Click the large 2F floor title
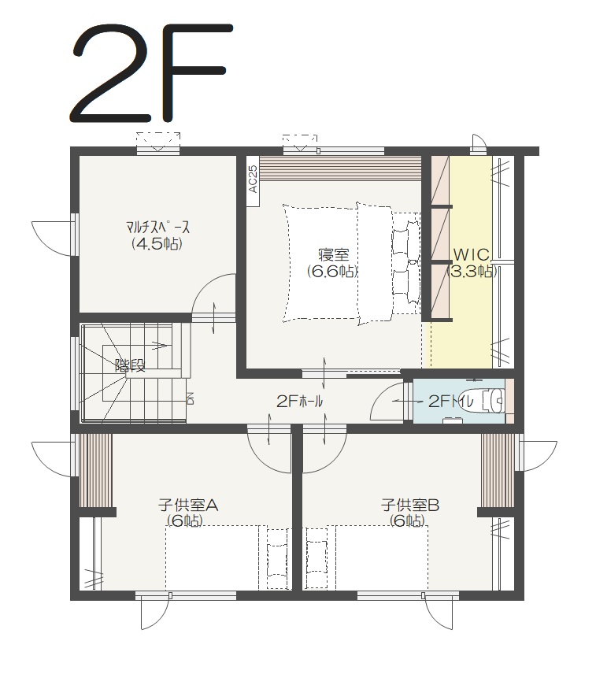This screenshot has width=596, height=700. coord(152,73)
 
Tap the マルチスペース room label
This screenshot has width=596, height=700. coord(157,228)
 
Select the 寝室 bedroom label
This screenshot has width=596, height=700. coord(333,255)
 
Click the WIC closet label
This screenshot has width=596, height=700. coord(472,255)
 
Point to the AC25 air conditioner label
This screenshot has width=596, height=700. coord(253,179)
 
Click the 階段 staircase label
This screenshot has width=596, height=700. coord(130,365)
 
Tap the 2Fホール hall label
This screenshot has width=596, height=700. coord(299,402)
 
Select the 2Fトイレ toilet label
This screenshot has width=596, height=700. coord(451,402)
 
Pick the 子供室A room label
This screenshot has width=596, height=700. coord(188,506)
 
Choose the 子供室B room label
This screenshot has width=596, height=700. coord(410,506)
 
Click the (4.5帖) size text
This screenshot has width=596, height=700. coord(157,244)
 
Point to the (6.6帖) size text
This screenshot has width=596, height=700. coord(332,272)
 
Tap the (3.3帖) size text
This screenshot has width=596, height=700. coord(472,272)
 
